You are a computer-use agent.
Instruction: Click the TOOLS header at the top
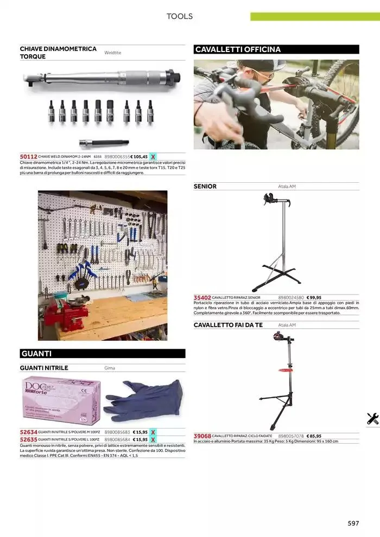pyautogui.click(x=179, y=16)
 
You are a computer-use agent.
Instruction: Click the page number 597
pyautogui.click(x=353, y=523)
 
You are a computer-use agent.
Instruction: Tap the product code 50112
pyautogui.click(x=28, y=156)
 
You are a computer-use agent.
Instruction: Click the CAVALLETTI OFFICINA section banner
pyautogui.click(x=276, y=49)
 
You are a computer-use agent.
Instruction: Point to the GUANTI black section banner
pyautogui.click(x=103, y=354)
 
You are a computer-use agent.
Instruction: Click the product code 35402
pyautogui.click(x=202, y=297)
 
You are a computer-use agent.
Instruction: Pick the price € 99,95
pyautogui.click(x=314, y=297)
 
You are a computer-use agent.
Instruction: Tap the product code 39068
pyautogui.click(x=202, y=436)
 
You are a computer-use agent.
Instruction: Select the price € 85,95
pyautogui.click(x=314, y=436)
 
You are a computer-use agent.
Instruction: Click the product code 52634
pyautogui.click(x=28, y=432)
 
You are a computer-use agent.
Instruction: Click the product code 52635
pyautogui.click(x=28, y=439)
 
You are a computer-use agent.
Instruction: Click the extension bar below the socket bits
pyautogui.click(x=103, y=143)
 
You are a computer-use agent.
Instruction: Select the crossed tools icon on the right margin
pyautogui.click(x=372, y=418)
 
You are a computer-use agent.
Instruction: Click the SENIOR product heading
pyautogui.click(x=205, y=187)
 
